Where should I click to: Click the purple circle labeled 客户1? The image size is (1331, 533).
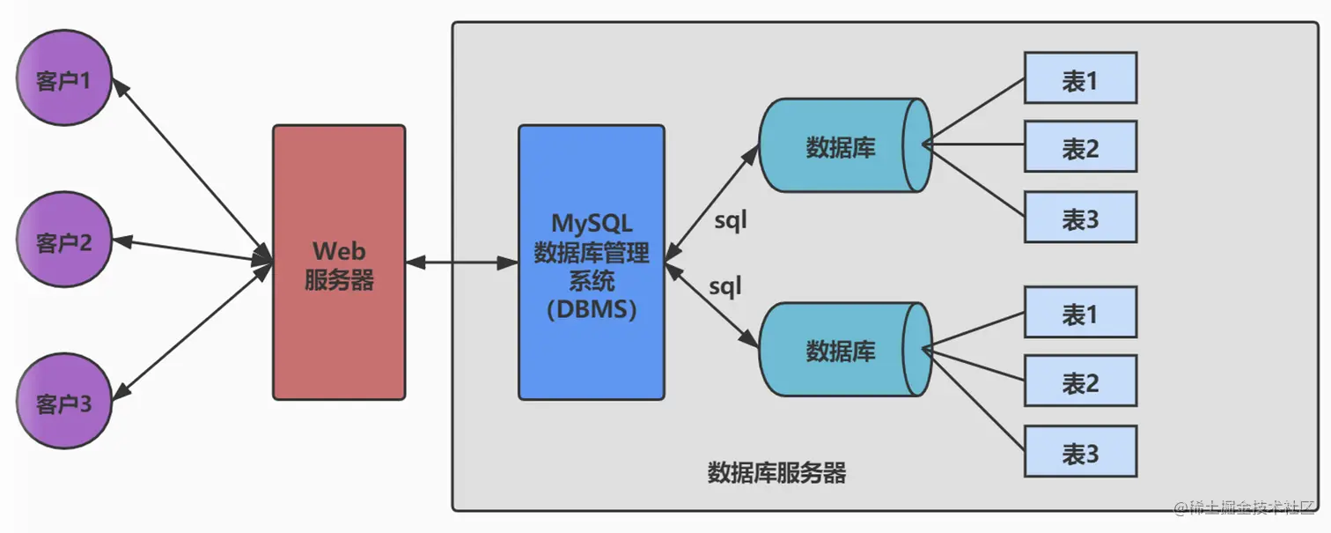click(x=64, y=80)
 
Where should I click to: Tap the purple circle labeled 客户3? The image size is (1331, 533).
click(x=64, y=402)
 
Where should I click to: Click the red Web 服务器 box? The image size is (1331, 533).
click(x=339, y=263)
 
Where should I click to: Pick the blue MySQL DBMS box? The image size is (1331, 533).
click(x=591, y=263)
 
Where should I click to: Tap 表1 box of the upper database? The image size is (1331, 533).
click(x=1080, y=78)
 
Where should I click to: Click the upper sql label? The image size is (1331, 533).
click(x=730, y=220)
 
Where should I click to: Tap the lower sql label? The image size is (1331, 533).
click(x=725, y=286)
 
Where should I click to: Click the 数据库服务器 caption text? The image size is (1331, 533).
click(x=776, y=473)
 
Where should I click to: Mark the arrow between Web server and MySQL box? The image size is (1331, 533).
click(x=461, y=262)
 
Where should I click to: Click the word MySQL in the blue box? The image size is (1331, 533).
click(x=592, y=221)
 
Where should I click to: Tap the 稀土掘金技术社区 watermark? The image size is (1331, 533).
click(x=1244, y=509)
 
